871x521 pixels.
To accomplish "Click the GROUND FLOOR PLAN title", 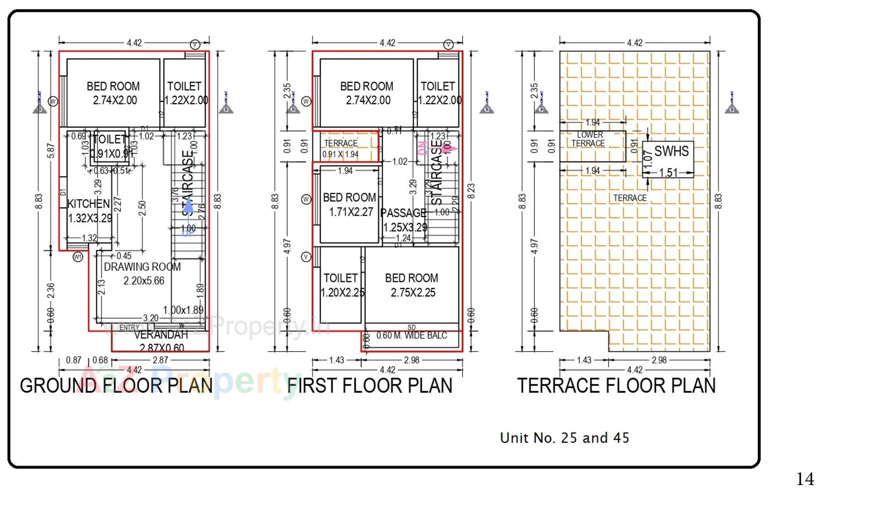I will click(x=116, y=386).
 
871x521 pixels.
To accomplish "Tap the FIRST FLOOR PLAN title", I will click(x=370, y=386).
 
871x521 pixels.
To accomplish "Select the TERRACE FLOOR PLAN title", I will click(x=616, y=386).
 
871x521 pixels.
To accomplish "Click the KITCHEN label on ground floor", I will click(x=88, y=203).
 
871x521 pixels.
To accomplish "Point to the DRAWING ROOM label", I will click(x=142, y=267).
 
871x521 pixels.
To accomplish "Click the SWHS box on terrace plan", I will click(x=671, y=151).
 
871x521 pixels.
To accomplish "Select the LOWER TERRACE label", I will click(x=589, y=139).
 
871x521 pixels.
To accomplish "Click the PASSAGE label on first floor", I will click(x=403, y=213).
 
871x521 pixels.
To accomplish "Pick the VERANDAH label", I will click(x=161, y=335).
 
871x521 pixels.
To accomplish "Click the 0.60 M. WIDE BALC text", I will click(x=411, y=336).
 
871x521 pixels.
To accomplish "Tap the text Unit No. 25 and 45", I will click(x=564, y=438).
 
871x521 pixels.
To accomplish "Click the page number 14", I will click(x=805, y=479).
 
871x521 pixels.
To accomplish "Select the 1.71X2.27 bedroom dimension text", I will click(x=351, y=212).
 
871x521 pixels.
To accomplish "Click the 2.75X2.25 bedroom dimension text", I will click(x=413, y=293).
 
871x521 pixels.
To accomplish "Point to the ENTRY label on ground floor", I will click(x=129, y=327).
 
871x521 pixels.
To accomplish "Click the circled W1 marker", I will click(x=78, y=257).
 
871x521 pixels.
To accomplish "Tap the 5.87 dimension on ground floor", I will click(x=51, y=151).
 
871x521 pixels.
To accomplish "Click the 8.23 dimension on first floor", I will click(x=471, y=191).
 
